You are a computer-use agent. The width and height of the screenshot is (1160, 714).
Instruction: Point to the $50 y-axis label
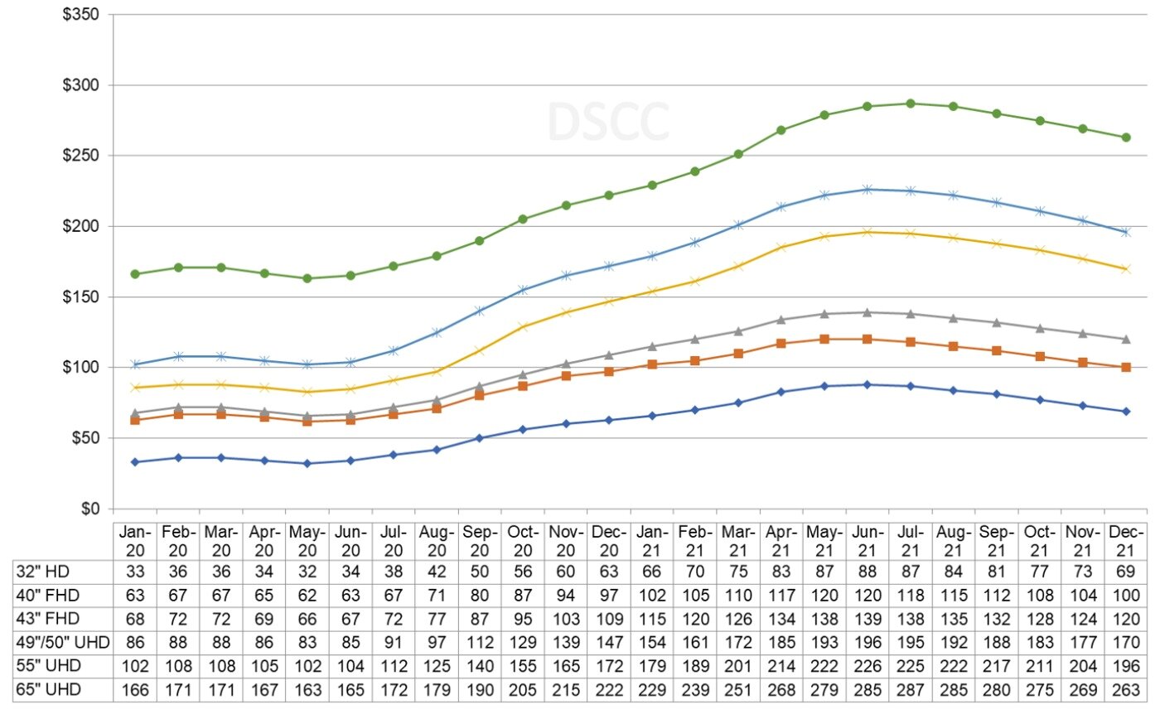pos(85,437)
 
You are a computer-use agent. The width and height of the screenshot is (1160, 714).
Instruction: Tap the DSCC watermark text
pos(608,123)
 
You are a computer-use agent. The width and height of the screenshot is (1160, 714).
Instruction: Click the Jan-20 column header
pos(135,540)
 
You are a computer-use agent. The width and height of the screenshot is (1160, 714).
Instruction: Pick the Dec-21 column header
pos(1126,540)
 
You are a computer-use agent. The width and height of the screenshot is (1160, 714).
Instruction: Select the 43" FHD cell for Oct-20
pos(523,618)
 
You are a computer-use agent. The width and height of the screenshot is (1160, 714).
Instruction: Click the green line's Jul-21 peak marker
pos(911,104)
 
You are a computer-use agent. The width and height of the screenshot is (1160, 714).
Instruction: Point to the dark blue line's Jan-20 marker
pos(135,461)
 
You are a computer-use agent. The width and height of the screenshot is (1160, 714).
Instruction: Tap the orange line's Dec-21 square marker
pos(1126,367)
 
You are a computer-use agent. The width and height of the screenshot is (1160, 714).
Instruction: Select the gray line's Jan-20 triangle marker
pos(135,412)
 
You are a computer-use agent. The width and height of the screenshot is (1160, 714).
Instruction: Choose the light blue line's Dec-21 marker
pos(1126,232)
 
